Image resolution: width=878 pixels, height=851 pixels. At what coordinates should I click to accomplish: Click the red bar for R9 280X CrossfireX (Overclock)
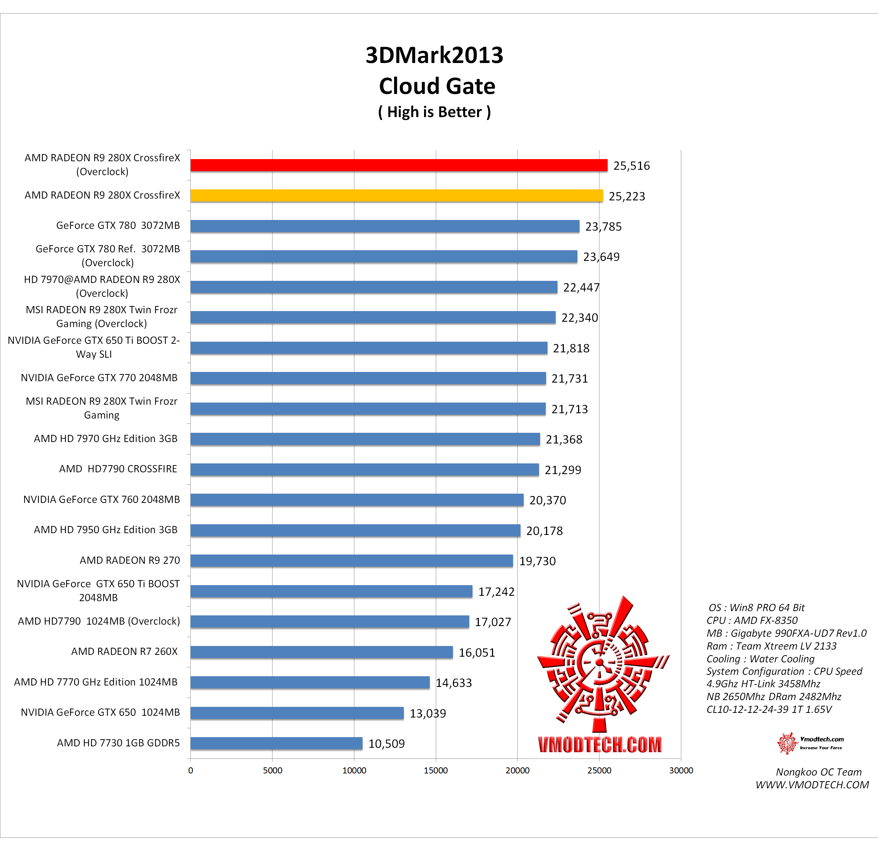pyautogui.click(x=399, y=166)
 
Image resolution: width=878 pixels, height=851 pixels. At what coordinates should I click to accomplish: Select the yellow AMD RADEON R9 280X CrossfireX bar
pyautogui.click(x=396, y=196)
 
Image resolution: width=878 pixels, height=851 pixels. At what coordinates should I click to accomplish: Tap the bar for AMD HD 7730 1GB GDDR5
pyautogui.click(x=276, y=743)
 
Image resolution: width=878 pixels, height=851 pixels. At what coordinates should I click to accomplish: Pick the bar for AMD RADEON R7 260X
pyautogui.click(x=322, y=652)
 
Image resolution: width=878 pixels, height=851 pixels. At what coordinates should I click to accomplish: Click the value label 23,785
pyautogui.click(x=603, y=227)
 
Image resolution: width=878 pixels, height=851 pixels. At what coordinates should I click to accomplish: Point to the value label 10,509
pyautogui.click(x=386, y=744)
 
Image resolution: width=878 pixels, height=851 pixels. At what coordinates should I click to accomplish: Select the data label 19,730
pyautogui.click(x=537, y=561)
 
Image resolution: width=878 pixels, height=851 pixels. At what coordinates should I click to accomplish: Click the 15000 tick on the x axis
pyautogui.click(x=435, y=770)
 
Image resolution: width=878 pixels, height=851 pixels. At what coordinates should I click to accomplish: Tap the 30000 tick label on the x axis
pyautogui.click(x=681, y=770)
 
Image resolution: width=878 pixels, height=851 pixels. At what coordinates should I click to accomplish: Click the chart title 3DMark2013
pyautogui.click(x=434, y=55)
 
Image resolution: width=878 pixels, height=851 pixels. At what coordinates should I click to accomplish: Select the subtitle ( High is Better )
pyautogui.click(x=434, y=112)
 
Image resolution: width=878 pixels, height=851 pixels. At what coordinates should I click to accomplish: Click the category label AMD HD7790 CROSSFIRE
pyautogui.click(x=118, y=469)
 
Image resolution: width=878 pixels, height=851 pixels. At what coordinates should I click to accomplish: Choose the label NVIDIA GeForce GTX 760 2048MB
pyautogui.click(x=101, y=499)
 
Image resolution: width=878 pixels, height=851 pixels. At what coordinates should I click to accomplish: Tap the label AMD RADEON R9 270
pyautogui.click(x=129, y=560)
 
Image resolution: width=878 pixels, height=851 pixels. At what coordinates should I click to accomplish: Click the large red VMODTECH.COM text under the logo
pyautogui.click(x=599, y=744)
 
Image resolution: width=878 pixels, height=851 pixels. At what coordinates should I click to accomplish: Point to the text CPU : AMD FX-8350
pyautogui.click(x=752, y=620)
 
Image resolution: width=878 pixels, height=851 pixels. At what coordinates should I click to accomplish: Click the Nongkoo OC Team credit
pyautogui.click(x=819, y=772)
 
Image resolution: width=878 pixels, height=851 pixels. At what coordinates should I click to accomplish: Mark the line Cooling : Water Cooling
pyautogui.click(x=760, y=659)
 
